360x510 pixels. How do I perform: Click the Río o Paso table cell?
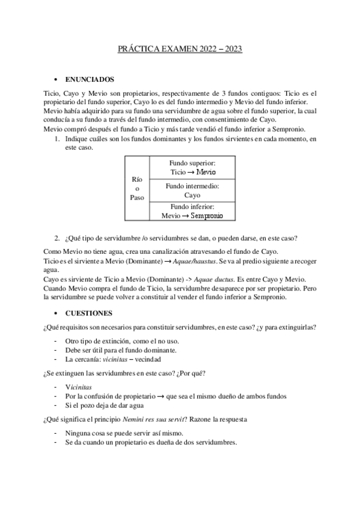point(136,188)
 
